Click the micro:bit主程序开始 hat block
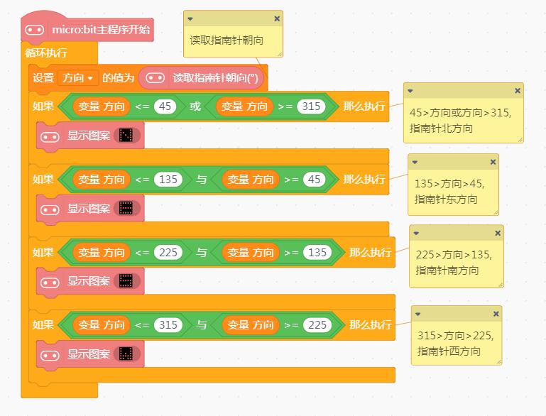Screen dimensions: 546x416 pos(87,29)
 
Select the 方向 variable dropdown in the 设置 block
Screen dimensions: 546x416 pos(77,77)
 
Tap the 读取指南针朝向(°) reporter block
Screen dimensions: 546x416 pos(202,77)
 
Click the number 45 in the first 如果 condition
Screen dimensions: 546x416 pos(165,106)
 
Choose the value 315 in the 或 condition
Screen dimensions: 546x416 pos(311,106)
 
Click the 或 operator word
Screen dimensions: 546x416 pos(195,106)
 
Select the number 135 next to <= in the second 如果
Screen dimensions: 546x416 pos(168,180)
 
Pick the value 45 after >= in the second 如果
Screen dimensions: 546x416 pos(314,180)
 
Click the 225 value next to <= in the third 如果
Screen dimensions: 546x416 pos(168,253)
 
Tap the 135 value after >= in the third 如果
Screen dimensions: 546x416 pos(317,253)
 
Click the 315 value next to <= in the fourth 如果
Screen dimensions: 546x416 pos(168,325)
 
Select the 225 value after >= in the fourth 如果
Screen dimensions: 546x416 pos(317,325)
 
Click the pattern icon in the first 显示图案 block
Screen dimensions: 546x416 pos(126,136)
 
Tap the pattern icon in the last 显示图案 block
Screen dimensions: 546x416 pos(126,354)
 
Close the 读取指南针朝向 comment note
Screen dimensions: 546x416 pos(277,18)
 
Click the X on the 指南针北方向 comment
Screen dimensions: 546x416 pos(518,90)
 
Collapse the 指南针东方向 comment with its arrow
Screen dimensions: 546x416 pos(415,163)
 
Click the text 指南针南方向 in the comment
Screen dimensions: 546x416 pos(447,270)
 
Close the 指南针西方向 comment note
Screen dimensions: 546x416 pos(496,314)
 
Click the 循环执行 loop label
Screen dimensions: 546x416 pos(46,53)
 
